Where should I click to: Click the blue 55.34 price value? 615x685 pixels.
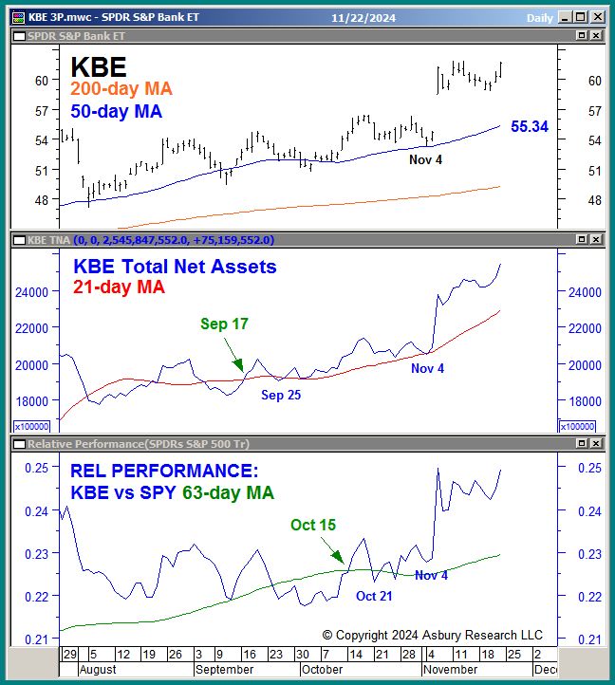pyautogui.click(x=530, y=126)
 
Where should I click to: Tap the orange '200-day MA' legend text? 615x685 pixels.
pyautogui.click(x=121, y=89)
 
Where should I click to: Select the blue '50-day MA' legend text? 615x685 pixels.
pyautogui.click(x=116, y=111)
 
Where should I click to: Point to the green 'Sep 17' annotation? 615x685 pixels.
pyautogui.click(x=224, y=324)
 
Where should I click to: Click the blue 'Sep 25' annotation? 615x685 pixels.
pyautogui.click(x=281, y=395)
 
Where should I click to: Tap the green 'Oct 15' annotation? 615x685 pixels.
pyautogui.click(x=313, y=525)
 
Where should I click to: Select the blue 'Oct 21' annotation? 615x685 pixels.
pyautogui.click(x=374, y=596)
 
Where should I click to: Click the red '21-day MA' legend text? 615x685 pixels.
pyautogui.click(x=119, y=287)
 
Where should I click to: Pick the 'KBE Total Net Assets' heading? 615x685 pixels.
pyautogui.click(x=174, y=268)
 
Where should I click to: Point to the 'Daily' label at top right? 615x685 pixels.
pyautogui.click(x=540, y=17)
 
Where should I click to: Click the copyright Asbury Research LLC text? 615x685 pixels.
pyautogui.click(x=432, y=635)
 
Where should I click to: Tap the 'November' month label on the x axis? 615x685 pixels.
pyautogui.click(x=451, y=669)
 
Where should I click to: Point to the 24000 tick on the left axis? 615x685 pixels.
pyautogui.click(x=30, y=292)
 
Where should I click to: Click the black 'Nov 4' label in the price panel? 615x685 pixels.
pyautogui.click(x=426, y=159)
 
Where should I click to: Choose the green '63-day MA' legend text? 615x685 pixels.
pyautogui.click(x=230, y=492)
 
